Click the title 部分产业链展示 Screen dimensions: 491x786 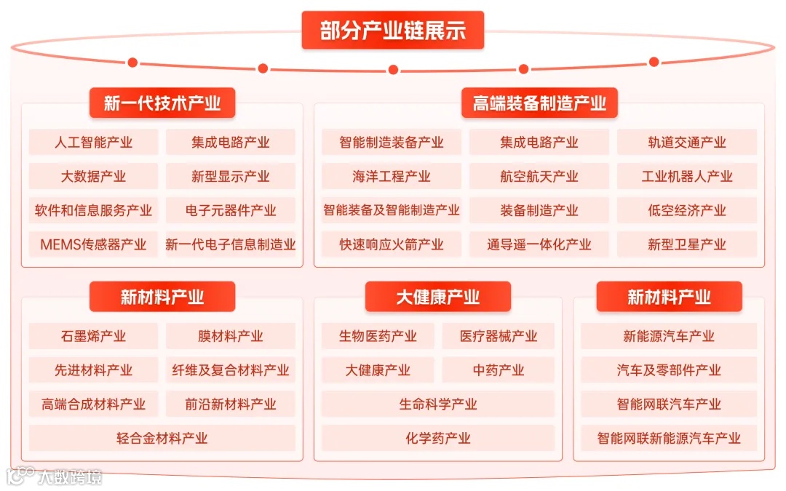(x=392, y=31)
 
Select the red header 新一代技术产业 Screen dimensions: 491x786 (x=162, y=103)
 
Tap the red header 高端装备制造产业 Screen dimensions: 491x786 (x=539, y=103)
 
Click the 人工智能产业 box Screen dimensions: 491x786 (x=93, y=142)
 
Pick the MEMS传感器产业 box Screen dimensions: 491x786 (x=93, y=244)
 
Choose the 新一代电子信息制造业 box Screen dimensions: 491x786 (x=231, y=244)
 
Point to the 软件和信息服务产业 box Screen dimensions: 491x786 (x=93, y=210)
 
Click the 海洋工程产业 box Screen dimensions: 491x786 (x=392, y=176)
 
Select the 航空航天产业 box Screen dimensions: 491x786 (x=539, y=176)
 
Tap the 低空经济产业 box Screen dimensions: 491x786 (x=687, y=210)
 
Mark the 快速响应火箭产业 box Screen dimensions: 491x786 (x=392, y=244)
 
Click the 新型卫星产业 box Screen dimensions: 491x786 (x=687, y=244)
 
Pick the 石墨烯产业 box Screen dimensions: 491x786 (x=93, y=336)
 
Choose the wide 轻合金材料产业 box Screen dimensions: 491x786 (x=162, y=438)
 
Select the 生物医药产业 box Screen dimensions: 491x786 (x=378, y=336)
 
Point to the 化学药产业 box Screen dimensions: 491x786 (x=438, y=438)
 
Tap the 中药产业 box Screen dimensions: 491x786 (x=499, y=370)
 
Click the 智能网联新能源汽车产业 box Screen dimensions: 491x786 (x=669, y=438)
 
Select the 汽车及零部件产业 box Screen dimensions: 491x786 (x=669, y=370)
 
